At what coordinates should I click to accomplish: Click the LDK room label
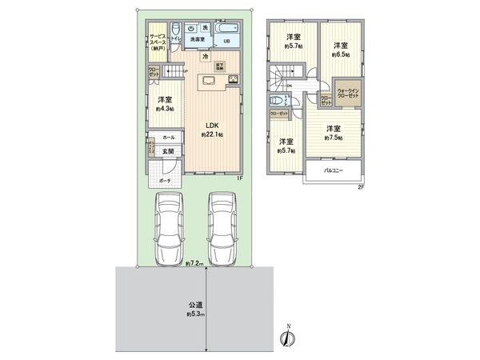211,125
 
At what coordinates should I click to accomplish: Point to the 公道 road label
194,305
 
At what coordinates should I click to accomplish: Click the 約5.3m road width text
196,314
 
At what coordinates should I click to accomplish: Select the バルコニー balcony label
334,170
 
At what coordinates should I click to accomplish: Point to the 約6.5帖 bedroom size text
341,54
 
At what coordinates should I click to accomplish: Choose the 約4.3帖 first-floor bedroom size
165,108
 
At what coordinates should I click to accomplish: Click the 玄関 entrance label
168,151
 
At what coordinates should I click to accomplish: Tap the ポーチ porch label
163,182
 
